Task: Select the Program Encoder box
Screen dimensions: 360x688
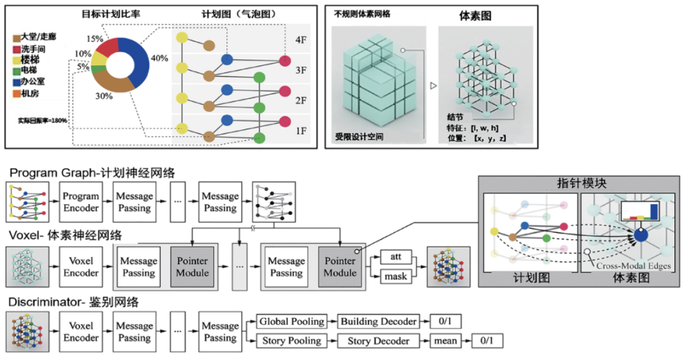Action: pos(81,201)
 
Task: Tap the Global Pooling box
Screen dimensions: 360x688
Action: pos(292,321)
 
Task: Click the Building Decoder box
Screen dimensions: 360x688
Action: pos(379,321)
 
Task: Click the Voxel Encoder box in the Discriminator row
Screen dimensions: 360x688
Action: pos(81,331)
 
